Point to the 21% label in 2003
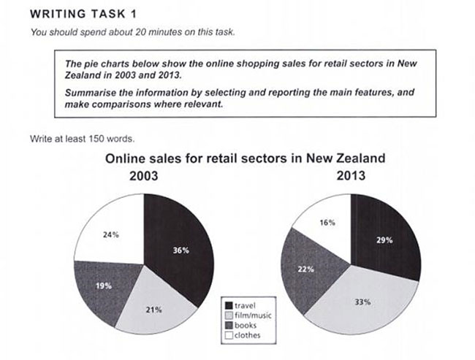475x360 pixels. pos(155,310)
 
